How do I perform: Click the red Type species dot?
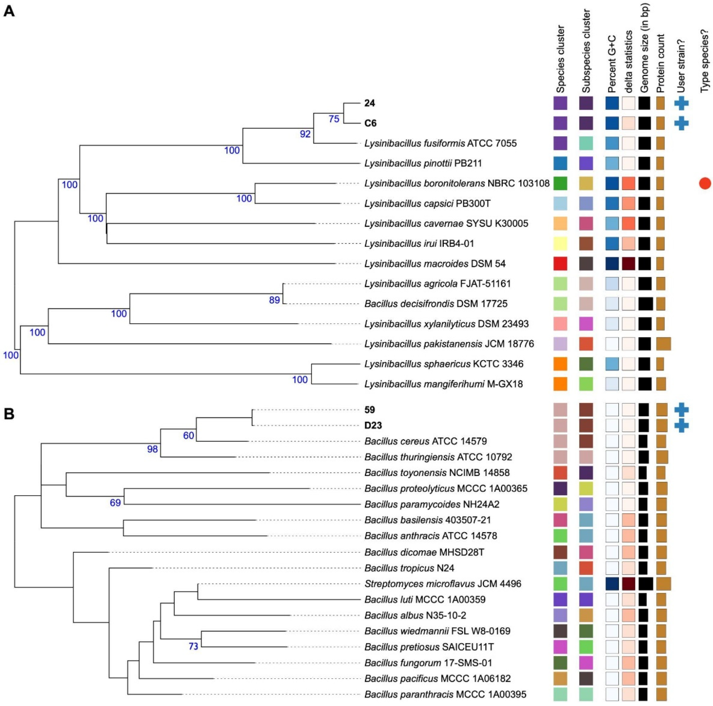(705, 183)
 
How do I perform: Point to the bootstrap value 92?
(305, 134)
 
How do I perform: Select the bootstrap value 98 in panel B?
(152, 449)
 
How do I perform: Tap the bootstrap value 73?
(193, 646)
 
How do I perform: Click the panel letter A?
(9, 12)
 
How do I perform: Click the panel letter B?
(9, 414)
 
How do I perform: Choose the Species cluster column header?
(560, 59)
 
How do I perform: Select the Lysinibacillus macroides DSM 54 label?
(435, 264)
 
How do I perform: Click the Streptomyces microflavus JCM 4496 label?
(443, 584)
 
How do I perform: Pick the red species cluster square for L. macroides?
(560, 264)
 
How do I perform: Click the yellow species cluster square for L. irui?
(560, 244)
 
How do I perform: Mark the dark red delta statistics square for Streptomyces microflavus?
(628, 584)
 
